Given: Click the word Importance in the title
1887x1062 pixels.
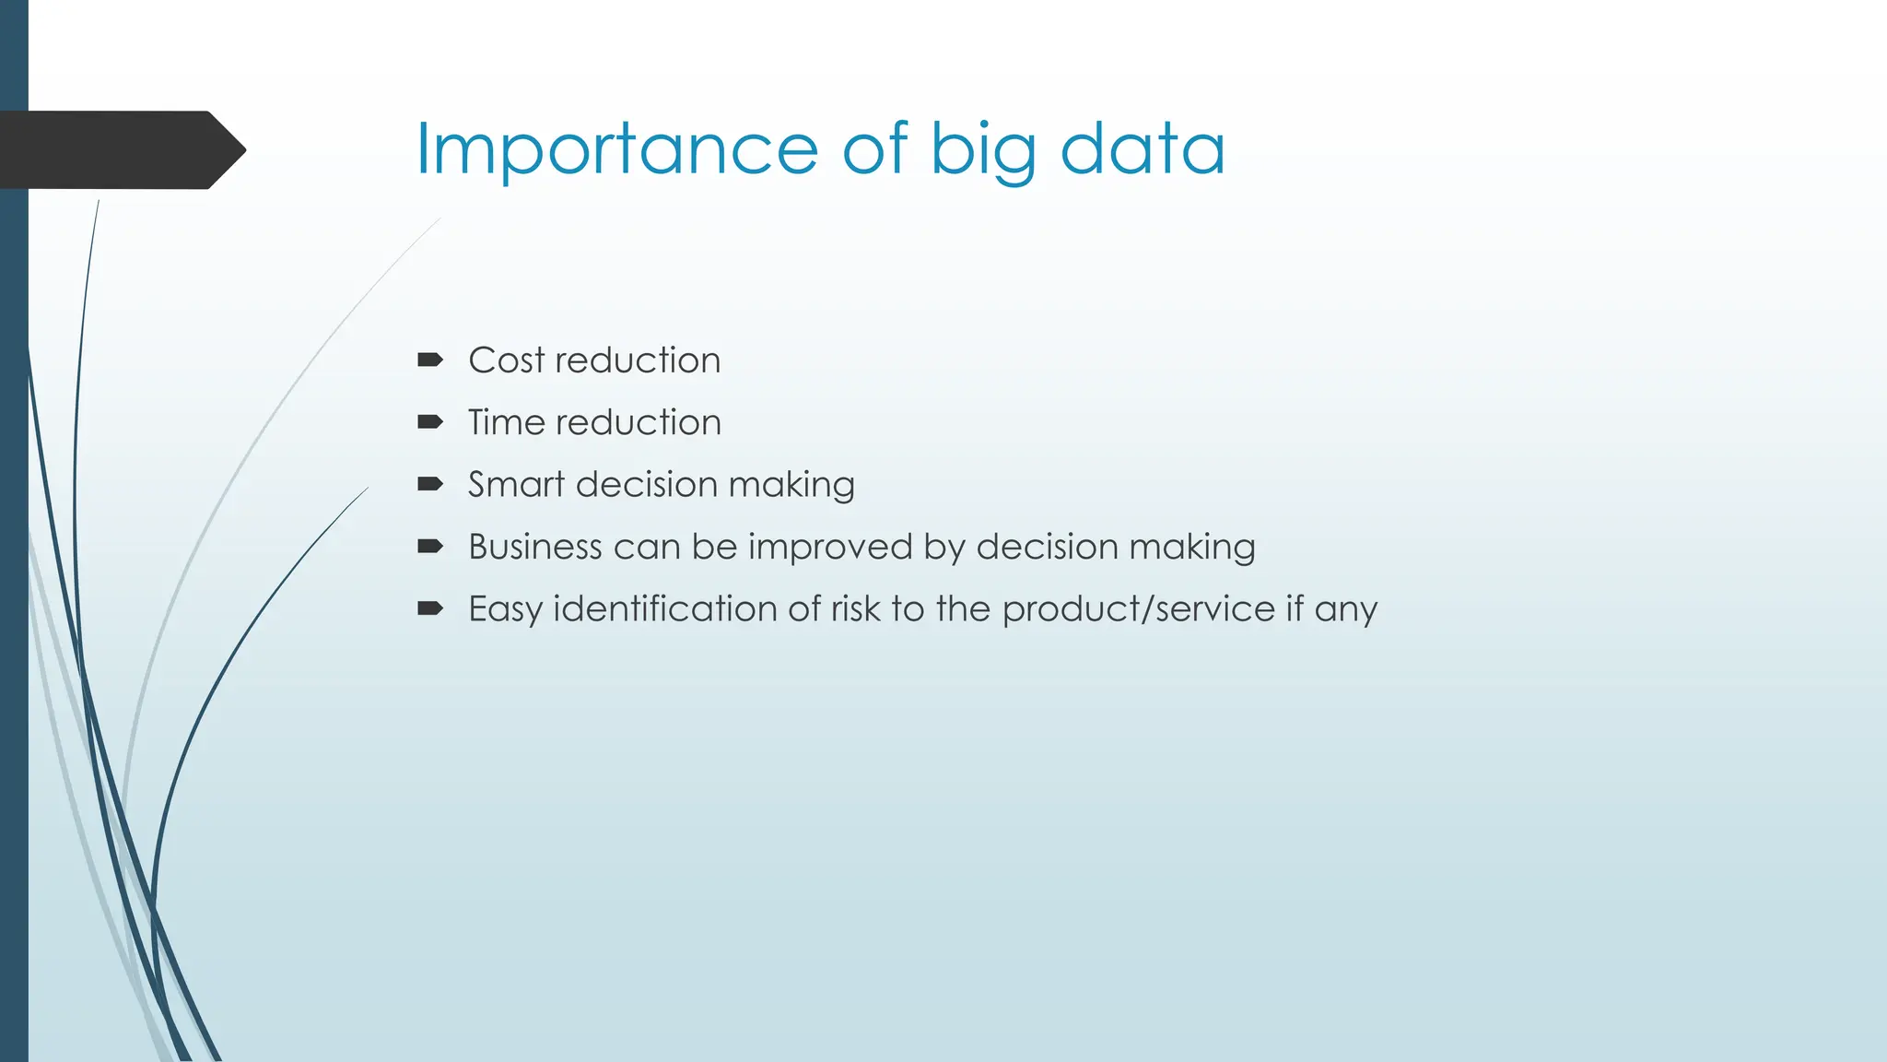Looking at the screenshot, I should click(616, 149).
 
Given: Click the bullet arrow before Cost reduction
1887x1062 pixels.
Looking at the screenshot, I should click(429, 360).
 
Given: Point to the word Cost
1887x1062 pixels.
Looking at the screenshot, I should click(507, 360).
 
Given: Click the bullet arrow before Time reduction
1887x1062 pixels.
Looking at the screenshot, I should click(429, 422).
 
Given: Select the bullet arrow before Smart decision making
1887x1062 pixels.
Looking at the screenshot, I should click(429, 484).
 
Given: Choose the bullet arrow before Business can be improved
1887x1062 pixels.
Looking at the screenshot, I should click(429, 547).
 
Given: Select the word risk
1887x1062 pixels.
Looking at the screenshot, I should click(855, 609).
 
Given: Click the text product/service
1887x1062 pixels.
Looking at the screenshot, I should click(1138, 609).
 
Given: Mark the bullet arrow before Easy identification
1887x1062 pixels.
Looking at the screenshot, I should click(429, 608).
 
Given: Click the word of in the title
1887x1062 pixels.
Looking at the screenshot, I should click(874, 149).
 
